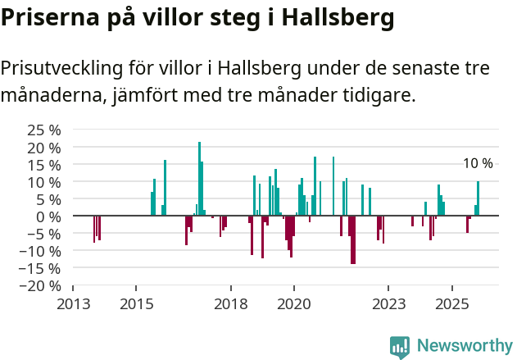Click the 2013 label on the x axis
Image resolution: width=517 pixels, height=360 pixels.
(x=73, y=304)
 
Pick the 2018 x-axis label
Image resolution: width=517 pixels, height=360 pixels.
(x=231, y=304)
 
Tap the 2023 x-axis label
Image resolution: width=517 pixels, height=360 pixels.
(x=389, y=304)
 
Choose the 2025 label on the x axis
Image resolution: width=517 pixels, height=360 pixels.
(x=452, y=304)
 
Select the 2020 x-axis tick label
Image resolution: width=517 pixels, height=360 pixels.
(x=294, y=304)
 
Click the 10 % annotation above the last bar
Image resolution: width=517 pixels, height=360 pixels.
(x=478, y=163)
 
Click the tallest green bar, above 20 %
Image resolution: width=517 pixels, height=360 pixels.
(x=199, y=178)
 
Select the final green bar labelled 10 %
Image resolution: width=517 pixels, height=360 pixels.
(x=478, y=198)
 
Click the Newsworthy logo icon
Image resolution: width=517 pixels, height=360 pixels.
(x=400, y=347)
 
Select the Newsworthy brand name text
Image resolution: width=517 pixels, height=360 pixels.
(x=465, y=346)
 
